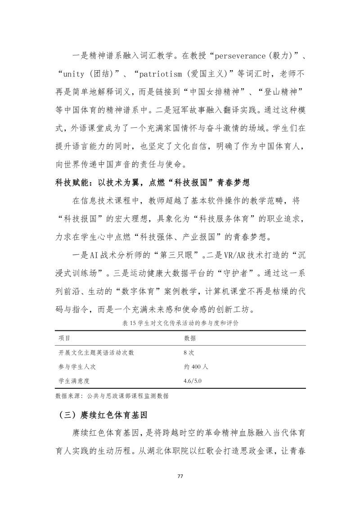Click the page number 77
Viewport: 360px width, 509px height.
180,477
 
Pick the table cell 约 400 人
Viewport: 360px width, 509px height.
196,366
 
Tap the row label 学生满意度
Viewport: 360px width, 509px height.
75,381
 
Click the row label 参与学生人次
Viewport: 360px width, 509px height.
77,366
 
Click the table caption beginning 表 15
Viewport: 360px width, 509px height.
180,323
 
